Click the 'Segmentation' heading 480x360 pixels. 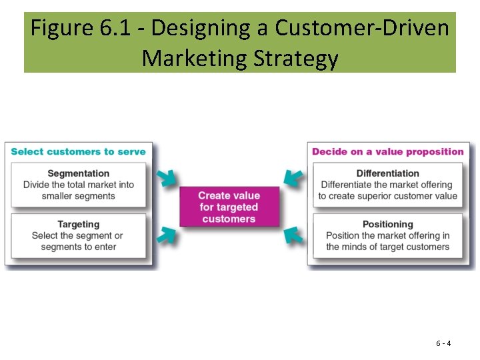click(x=79, y=173)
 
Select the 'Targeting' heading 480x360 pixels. click(x=78, y=224)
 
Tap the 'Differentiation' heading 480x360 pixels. click(x=387, y=173)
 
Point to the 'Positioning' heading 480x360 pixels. click(x=387, y=224)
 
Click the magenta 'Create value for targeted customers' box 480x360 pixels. click(x=229, y=207)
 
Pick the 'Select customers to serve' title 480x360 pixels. click(x=78, y=151)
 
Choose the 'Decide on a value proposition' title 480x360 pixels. click(x=387, y=151)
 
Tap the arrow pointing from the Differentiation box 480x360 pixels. click(x=292, y=178)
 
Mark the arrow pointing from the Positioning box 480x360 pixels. click(x=292, y=235)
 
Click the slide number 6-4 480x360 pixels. click(x=443, y=343)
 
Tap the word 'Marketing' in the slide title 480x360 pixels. click(x=194, y=59)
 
